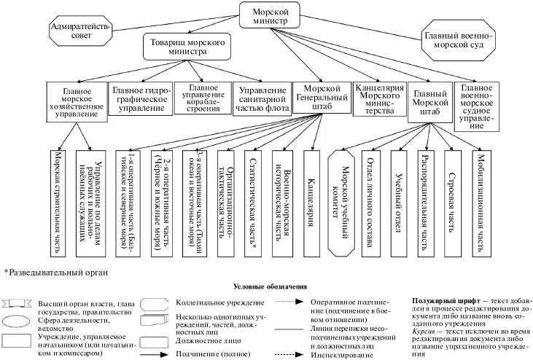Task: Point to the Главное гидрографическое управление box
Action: pos(141,98)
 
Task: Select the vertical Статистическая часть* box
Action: pos(254,200)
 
